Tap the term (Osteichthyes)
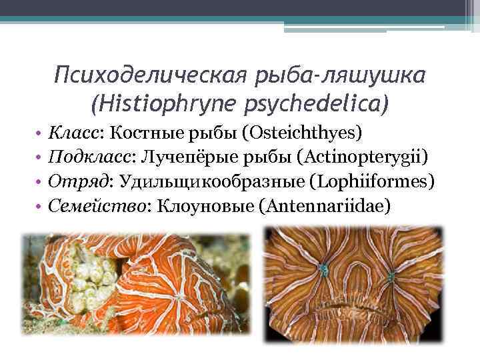click(303, 132)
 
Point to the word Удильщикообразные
click(209, 182)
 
